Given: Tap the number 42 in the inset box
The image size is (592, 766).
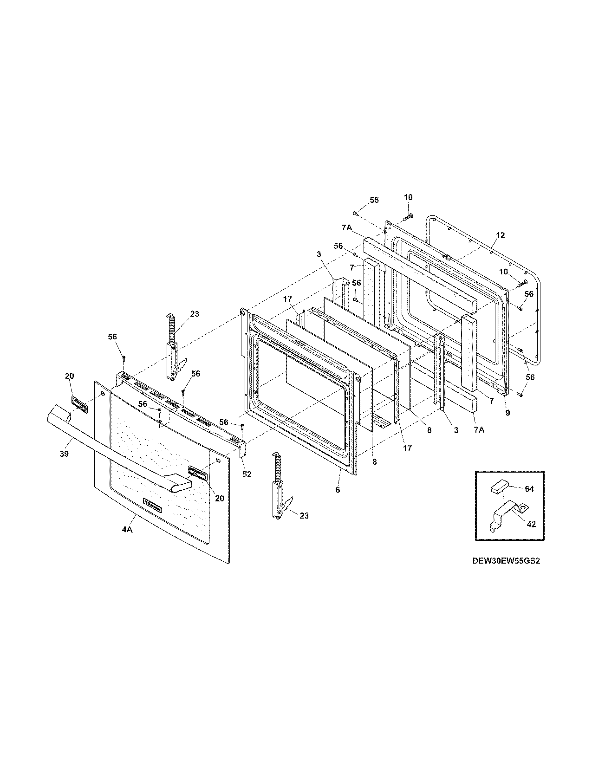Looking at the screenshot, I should pos(532,524).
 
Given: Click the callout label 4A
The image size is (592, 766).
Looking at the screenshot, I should pos(127,530).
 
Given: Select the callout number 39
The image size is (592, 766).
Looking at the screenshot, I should pos(64,454).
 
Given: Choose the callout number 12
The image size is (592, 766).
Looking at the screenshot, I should pos(500,235).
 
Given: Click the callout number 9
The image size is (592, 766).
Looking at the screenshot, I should pos(507,412).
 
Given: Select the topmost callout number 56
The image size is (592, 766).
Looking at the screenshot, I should pos(374,200).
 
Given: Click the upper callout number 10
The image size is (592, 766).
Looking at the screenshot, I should pos(408,197).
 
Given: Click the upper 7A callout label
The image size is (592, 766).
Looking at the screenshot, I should pos(346,227).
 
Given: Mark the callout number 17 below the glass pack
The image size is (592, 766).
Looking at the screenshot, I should pos(407,448).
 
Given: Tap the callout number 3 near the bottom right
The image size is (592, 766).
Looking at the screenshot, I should pos(456,430).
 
